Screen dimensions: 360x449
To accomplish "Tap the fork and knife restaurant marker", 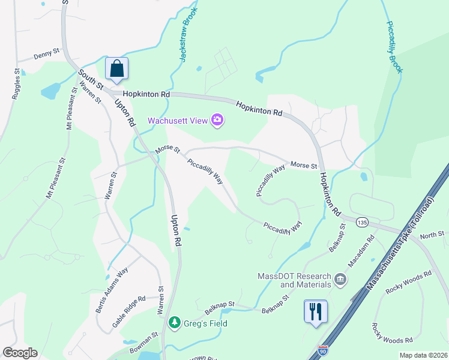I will coord(316,311).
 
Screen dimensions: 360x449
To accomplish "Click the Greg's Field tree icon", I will coord(175,323).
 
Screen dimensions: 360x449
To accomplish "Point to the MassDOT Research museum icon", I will coord(340,278).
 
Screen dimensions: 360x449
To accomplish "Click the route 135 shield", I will coord(361,223).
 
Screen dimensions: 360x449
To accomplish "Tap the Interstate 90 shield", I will coord(323,349).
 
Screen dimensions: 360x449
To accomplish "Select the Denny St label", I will coord(46,55).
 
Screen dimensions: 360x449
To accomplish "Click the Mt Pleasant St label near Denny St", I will coord(71,110).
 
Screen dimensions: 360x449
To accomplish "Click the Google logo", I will coord(20,353).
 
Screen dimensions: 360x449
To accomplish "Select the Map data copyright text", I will coord(423,355).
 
